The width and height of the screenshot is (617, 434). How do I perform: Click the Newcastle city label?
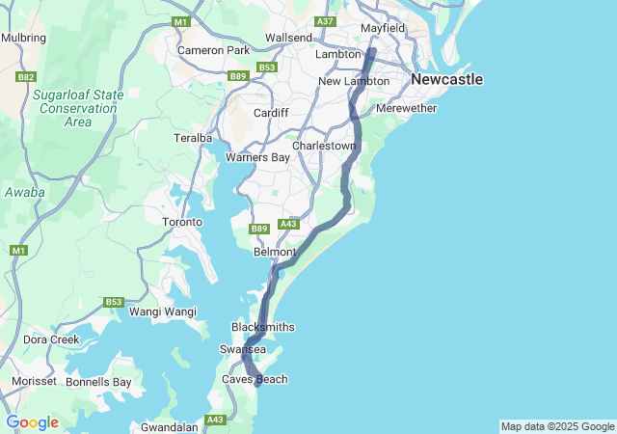(x=446, y=79)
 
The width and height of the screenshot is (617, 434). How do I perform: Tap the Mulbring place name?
(x=24, y=38)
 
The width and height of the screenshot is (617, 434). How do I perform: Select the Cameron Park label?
(x=214, y=50)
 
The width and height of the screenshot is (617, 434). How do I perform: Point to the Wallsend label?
(x=288, y=38)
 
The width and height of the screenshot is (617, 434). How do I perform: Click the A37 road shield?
(x=325, y=21)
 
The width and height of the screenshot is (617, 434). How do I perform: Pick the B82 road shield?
(x=26, y=76)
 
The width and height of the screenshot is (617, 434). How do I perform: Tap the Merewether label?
(x=406, y=108)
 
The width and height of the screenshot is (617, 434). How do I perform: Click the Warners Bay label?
(x=257, y=157)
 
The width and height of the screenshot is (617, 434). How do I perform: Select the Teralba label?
(x=192, y=138)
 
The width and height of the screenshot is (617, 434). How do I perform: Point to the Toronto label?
(x=181, y=222)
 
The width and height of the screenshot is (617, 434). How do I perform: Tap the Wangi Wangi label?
(x=163, y=312)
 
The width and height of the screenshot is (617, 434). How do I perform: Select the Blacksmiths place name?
(x=263, y=328)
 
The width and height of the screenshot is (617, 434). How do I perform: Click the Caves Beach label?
(x=255, y=379)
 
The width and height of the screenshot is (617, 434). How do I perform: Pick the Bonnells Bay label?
(x=98, y=382)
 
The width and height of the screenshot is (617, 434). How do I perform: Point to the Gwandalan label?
(x=170, y=426)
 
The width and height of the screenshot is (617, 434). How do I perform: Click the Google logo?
(x=32, y=422)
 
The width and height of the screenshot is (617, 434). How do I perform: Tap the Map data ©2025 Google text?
(x=557, y=426)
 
